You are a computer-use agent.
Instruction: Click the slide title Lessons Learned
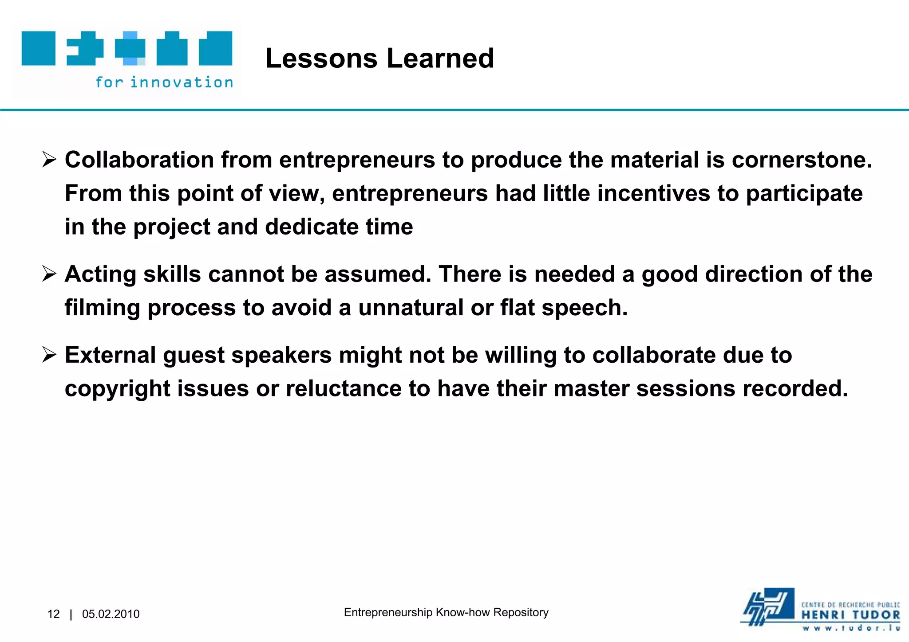tap(379, 59)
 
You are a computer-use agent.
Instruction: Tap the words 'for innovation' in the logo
tap(164, 82)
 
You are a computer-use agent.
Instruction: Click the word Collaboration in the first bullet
tap(139, 160)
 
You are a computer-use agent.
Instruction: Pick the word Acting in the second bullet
tap(100, 274)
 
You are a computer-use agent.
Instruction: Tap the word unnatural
tap(411, 308)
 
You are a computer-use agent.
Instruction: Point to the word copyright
tap(118, 389)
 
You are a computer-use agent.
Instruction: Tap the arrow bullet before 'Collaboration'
tap(49, 160)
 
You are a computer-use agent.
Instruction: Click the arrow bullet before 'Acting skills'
tap(49, 274)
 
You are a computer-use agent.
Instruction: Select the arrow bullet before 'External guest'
tap(49, 355)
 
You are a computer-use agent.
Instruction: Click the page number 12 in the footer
tap(53, 614)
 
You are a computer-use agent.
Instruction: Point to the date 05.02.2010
tap(111, 614)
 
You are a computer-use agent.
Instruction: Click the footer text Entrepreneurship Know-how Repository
tap(446, 612)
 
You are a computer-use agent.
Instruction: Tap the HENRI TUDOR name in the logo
tap(850, 615)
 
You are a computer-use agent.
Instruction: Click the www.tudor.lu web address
tap(850, 628)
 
